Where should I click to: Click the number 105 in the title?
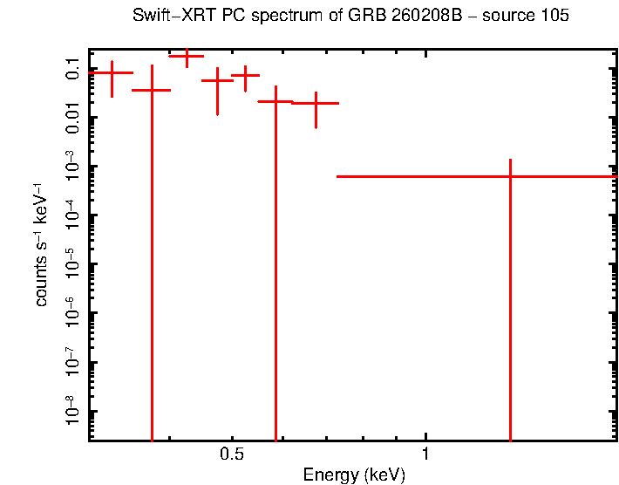click(x=554, y=17)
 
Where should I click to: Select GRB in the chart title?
click(x=364, y=17)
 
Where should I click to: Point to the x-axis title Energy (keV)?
click(x=353, y=475)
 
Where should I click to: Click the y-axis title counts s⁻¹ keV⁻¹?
click(x=41, y=245)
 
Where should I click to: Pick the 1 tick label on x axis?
click(x=425, y=454)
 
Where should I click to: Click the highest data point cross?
click(x=187, y=56)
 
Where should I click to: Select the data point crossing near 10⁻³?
click(x=510, y=176)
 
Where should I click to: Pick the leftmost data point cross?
click(x=112, y=73)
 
